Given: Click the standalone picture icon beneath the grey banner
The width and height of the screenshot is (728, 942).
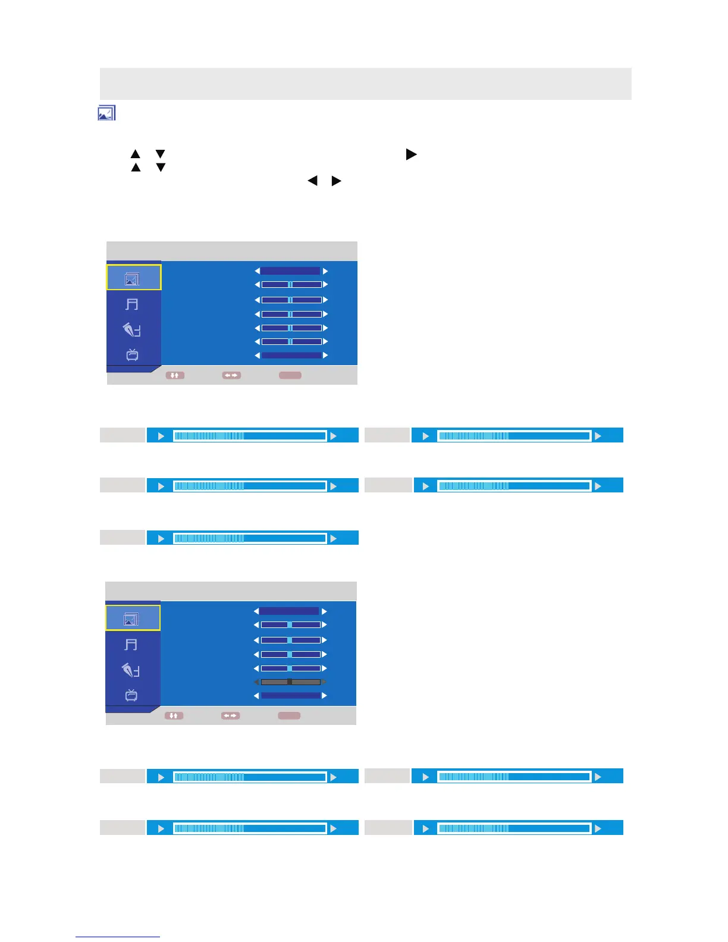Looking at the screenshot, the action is (106, 113).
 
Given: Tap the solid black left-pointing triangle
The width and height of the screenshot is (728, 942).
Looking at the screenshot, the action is (312, 180).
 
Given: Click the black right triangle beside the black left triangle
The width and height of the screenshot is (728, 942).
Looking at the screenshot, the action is (336, 180).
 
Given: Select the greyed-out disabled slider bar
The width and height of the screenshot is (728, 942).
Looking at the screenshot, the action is (290, 682).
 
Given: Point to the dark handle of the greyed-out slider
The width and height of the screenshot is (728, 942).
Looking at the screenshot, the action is (290, 682).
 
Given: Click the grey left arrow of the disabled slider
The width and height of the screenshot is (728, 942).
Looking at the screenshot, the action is (256, 682).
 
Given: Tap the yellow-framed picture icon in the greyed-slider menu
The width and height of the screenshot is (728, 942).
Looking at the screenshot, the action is (132, 618).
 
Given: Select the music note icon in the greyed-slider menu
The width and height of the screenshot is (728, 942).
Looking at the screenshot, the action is (131, 645).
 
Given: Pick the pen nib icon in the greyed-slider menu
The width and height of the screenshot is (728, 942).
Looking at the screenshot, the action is (131, 670).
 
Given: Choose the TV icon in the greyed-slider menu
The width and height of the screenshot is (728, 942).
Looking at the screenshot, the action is (131, 695).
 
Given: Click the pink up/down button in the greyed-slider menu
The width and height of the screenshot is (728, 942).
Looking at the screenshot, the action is (174, 715).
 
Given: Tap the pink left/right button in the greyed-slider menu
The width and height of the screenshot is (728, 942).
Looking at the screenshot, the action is (230, 715).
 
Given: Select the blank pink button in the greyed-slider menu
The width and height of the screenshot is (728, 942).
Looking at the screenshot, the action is (289, 715).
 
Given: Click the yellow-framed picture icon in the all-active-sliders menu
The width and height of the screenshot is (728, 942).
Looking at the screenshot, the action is (133, 278).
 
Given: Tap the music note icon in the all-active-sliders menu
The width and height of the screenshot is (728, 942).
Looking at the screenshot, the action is (132, 304).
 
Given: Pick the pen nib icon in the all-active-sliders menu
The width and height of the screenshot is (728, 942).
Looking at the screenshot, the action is (132, 329).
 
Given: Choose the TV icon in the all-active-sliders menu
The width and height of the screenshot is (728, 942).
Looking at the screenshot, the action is (132, 355).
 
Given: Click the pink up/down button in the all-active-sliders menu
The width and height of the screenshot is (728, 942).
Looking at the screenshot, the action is (175, 375).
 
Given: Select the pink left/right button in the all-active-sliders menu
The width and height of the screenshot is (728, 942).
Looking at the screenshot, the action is (231, 375).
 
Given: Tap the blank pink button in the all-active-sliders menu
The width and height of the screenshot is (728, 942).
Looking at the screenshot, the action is (290, 375).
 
